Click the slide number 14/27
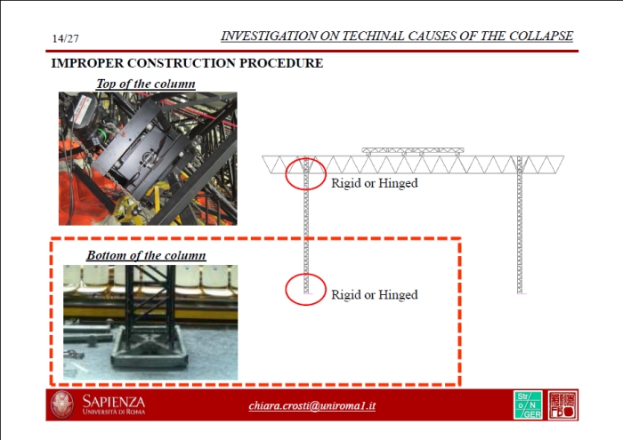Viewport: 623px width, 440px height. click(x=66, y=38)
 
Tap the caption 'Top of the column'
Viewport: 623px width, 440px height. click(x=146, y=84)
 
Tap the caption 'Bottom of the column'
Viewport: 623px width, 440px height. click(x=146, y=255)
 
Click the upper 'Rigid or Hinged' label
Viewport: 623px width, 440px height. click(x=375, y=183)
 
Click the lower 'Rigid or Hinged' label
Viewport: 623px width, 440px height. click(x=375, y=294)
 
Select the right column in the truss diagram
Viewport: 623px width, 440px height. click(x=520, y=225)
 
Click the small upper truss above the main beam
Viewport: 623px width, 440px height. click(x=413, y=151)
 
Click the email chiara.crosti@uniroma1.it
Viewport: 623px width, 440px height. click(x=311, y=405)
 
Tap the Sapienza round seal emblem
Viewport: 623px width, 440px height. click(x=62, y=404)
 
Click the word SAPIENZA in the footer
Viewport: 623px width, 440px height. click(x=114, y=402)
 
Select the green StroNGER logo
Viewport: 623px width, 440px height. click(x=528, y=404)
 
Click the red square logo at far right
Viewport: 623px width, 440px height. click(x=562, y=404)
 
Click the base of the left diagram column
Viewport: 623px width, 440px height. click(x=306, y=292)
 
